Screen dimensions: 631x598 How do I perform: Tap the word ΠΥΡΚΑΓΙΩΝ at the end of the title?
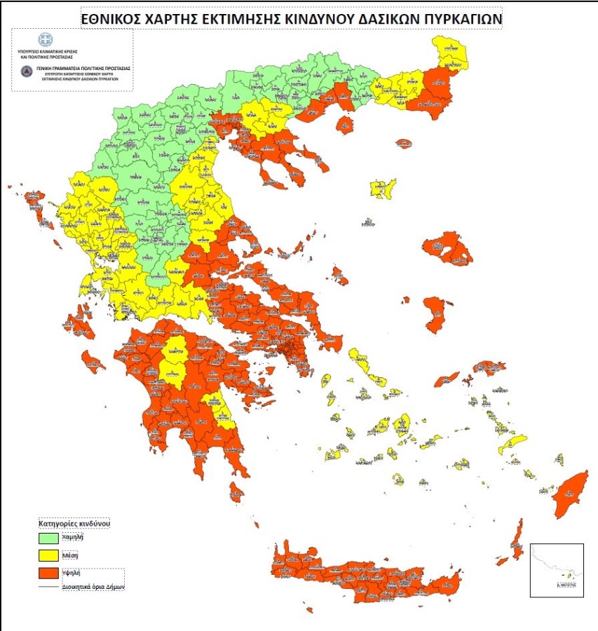coord(459,19)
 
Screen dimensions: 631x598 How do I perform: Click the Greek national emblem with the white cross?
coord(46,40)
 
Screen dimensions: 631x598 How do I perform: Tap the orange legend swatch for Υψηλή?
coord(49,572)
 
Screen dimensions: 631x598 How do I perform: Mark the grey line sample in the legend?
coord(49,586)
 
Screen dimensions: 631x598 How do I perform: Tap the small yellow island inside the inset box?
coord(569,575)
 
